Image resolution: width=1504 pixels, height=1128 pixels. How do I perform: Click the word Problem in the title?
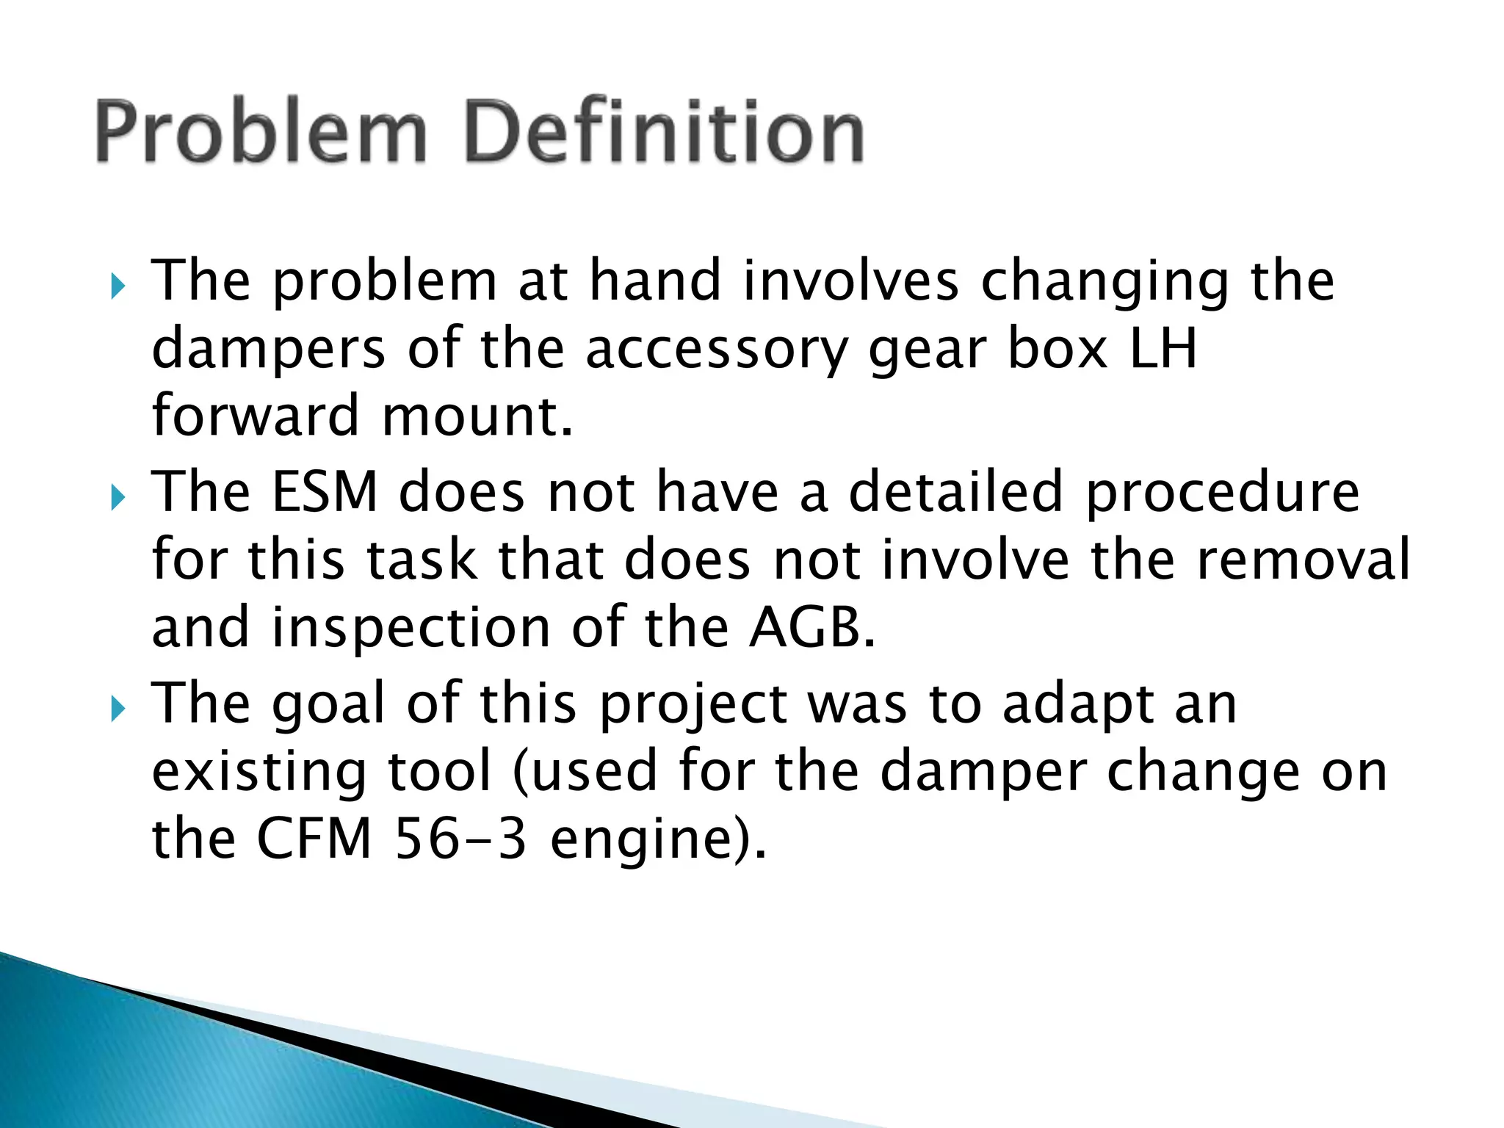click(261, 132)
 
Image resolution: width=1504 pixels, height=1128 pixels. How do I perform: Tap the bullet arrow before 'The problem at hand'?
click(117, 286)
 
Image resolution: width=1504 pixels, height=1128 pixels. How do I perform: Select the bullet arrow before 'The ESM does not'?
click(117, 498)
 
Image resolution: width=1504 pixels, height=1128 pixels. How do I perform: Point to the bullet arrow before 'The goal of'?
click(117, 709)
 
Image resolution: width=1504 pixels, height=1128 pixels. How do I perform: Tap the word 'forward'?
click(256, 416)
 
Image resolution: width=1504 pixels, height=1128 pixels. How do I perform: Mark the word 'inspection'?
click(411, 629)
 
